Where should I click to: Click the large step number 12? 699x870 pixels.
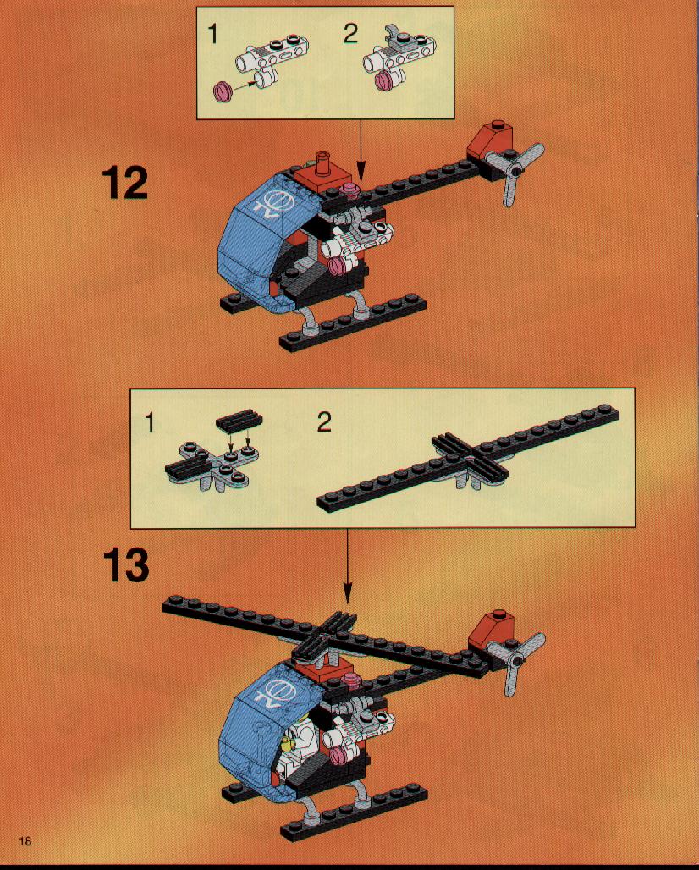[x=125, y=182]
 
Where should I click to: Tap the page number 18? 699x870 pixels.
[x=25, y=841]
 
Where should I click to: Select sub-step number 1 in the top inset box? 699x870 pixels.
[x=212, y=35]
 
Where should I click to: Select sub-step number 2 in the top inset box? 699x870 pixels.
[x=350, y=34]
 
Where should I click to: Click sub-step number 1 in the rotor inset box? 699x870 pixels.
[x=149, y=423]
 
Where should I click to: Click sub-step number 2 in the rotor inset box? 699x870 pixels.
[x=325, y=422]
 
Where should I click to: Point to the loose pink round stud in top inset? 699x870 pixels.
[x=223, y=91]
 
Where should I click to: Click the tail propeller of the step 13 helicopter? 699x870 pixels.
[x=516, y=660]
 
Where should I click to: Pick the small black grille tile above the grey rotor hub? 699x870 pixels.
[x=239, y=421]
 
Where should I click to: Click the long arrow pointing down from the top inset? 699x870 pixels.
[x=361, y=149]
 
